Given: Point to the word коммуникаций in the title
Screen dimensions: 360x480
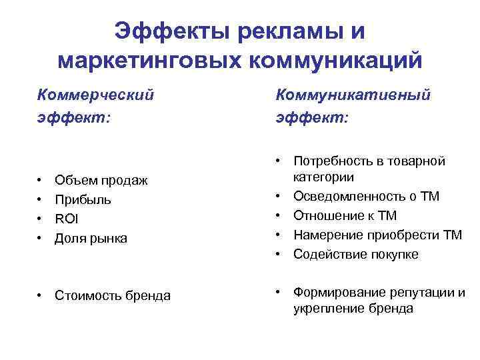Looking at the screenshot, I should coord(336,60).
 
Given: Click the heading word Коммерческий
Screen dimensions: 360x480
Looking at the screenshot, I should coord(95,95).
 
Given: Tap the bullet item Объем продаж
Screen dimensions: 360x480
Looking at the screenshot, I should coord(101,180).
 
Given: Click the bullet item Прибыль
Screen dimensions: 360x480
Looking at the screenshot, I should coord(83,199).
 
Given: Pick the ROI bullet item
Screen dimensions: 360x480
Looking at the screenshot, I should coord(67,219).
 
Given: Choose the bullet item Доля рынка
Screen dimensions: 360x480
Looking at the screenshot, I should coord(91,238).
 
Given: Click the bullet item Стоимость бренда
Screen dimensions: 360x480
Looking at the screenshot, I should coord(113,295).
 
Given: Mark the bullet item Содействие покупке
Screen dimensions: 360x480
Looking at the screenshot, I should coord(355,254).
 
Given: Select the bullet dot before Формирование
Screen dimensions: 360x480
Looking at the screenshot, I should coord(279,293).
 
